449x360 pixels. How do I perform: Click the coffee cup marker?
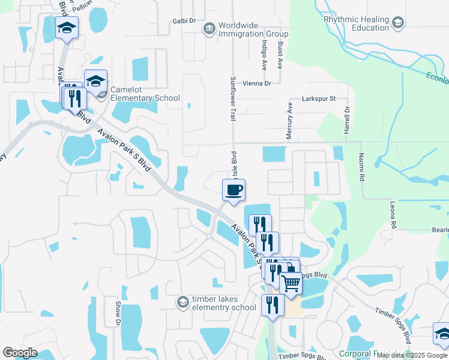pyautogui.click(x=234, y=190)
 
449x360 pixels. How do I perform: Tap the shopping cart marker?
pyautogui.click(x=291, y=283)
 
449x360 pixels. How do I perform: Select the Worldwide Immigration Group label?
pyautogui.click(x=249, y=30)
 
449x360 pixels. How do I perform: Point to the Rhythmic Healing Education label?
pyautogui.click(x=357, y=23)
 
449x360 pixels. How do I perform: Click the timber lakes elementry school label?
pyautogui.click(x=224, y=303)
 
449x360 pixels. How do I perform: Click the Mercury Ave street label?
pyautogui.click(x=289, y=121)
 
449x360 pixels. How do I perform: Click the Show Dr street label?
pyautogui.click(x=118, y=313)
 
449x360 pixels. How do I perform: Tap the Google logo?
pyautogui.click(x=20, y=353)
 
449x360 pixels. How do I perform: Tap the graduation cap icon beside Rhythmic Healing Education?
pyautogui.click(x=397, y=23)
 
